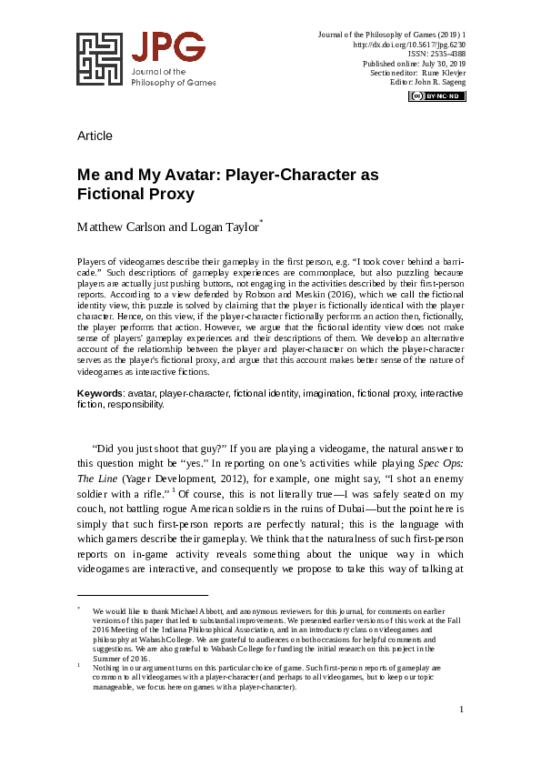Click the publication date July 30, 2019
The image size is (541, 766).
pyautogui.click(x=440, y=64)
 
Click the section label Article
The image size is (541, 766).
pyautogui.click(x=95, y=136)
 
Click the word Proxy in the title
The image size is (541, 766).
pyautogui.click(x=167, y=193)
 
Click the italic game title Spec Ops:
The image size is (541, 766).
pyautogui.click(x=440, y=462)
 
